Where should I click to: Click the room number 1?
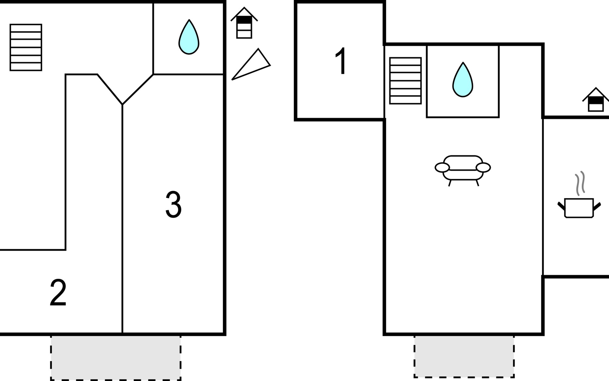click(341, 61)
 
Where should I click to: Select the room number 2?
click(58, 293)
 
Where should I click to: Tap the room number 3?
click(174, 204)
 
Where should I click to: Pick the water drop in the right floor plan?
click(463, 80)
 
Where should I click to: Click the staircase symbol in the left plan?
click(26, 47)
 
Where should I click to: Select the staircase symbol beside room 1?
click(405, 81)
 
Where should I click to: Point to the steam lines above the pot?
click(580, 183)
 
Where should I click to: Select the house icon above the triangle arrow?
click(244, 23)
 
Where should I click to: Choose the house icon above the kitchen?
click(596, 100)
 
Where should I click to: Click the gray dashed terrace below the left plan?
click(116, 358)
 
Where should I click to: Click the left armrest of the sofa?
click(442, 167)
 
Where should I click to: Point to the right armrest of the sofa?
click(483, 167)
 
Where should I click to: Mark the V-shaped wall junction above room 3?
click(122, 104)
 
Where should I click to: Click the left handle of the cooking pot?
click(561, 206)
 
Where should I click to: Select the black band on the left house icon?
click(244, 20)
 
